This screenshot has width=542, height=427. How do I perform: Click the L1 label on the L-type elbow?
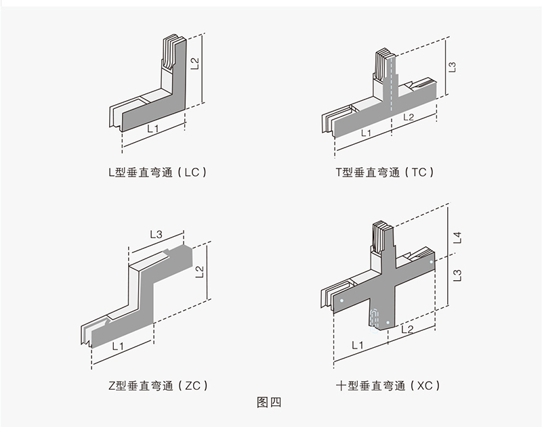coord(153,128)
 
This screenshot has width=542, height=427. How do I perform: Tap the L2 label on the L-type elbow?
coord(195,64)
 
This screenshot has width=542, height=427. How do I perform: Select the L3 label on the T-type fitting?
coord(453,67)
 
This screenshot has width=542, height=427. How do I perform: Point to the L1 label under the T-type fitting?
coord(367,133)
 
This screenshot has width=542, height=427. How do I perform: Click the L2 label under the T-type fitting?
coord(409,117)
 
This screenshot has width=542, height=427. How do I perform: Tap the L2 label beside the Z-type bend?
coord(199,272)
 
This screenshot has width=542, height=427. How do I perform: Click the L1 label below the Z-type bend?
coord(117,346)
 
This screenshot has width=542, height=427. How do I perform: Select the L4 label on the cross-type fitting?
coord(457,238)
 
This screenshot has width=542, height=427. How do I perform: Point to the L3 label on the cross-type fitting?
coord(457,275)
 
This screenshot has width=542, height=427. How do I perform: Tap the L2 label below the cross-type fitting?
coord(406,329)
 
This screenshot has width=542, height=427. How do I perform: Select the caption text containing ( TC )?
coord(384,172)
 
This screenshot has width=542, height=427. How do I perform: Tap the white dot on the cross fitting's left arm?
coord(342,300)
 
